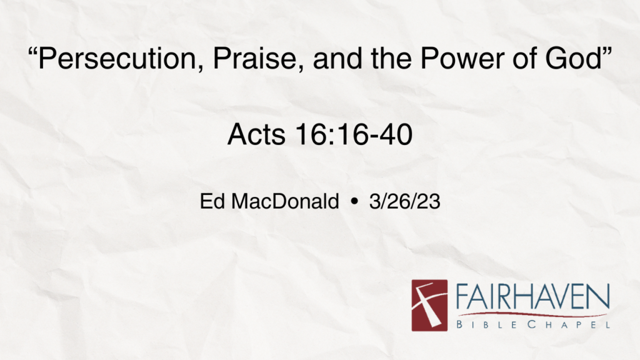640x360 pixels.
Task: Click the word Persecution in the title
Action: point(112,61)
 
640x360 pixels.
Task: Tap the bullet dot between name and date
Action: point(355,202)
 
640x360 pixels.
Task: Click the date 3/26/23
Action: point(404,202)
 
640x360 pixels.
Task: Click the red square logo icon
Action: point(429,305)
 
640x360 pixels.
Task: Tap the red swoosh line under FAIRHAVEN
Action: point(531,314)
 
